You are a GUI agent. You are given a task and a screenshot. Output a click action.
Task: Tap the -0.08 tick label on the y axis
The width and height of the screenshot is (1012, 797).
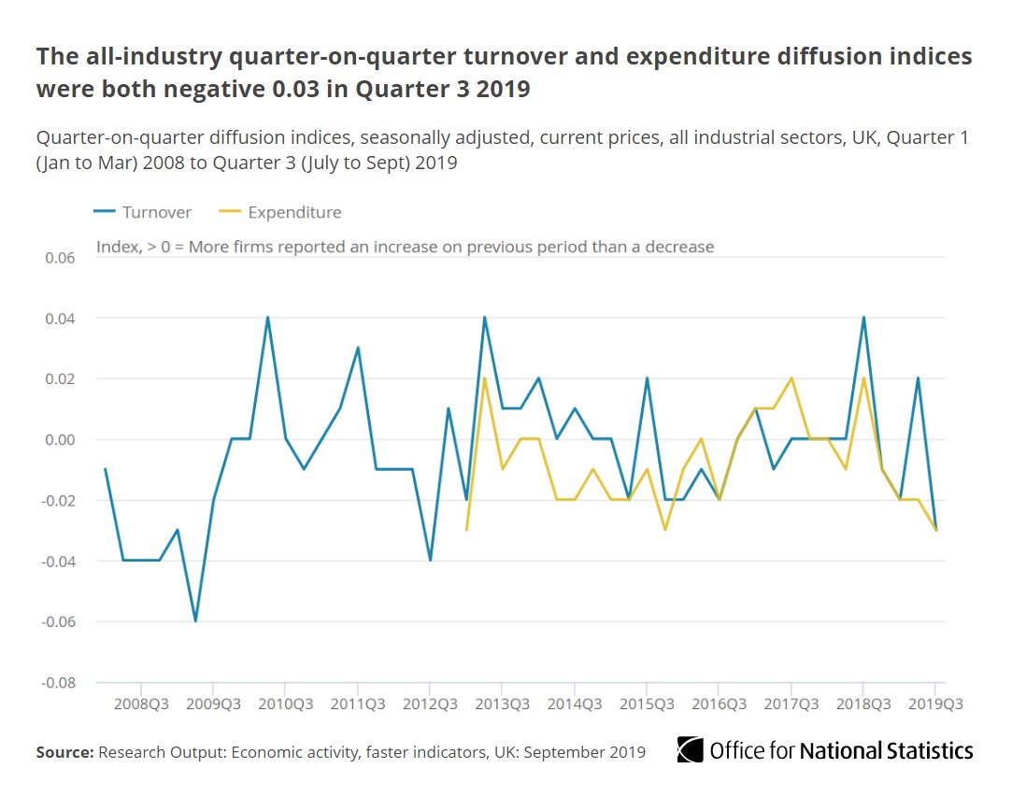coord(58,682)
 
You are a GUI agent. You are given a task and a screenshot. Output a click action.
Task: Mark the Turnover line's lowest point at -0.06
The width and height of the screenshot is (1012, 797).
coord(195,621)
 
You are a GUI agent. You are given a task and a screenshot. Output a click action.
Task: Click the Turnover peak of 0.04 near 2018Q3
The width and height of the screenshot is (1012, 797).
coord(863,318)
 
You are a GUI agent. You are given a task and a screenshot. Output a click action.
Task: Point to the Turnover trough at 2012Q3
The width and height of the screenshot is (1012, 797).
coord(430,561)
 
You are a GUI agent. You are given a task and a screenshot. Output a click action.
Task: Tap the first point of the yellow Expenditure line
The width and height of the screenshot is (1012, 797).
coord(466,530)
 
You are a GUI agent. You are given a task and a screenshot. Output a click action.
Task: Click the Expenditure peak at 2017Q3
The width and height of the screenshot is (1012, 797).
coord(791,378)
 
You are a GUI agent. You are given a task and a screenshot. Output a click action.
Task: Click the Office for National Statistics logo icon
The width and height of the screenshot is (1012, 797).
coord(690,750)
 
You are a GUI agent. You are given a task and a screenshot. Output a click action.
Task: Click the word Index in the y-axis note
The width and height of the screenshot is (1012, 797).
coord(116,247)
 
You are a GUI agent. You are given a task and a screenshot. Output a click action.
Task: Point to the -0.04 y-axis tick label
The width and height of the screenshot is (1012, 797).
coord(58,561)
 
